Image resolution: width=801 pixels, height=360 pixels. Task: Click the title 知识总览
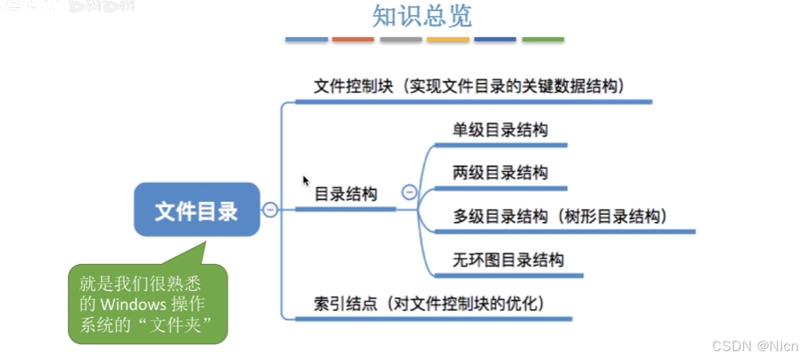[x=422, y=16]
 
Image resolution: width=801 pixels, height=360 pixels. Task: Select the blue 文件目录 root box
[x=197, y=210]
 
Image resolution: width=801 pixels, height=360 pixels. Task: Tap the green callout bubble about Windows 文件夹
[x=148, y=304]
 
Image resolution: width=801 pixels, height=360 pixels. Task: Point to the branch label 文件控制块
[x=354, y=86]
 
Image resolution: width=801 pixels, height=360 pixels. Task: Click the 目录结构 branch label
[x=346, y=193]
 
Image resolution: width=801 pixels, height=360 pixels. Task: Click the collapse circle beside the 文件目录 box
[x=270, y=209]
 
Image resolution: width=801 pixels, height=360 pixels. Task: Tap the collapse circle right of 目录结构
[x=409, y=192]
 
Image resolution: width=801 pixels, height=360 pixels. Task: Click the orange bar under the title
[x=354, y=38]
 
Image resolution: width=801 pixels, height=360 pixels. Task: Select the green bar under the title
[x=543, y=38]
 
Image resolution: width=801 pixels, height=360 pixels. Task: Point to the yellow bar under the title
[x=448, y=38]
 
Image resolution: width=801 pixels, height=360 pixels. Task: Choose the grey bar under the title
[x=401, y=38]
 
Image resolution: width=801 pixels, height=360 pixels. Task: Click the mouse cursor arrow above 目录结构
[x=305, y=180]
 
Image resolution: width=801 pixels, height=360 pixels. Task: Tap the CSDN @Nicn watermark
[x=754, y=346]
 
